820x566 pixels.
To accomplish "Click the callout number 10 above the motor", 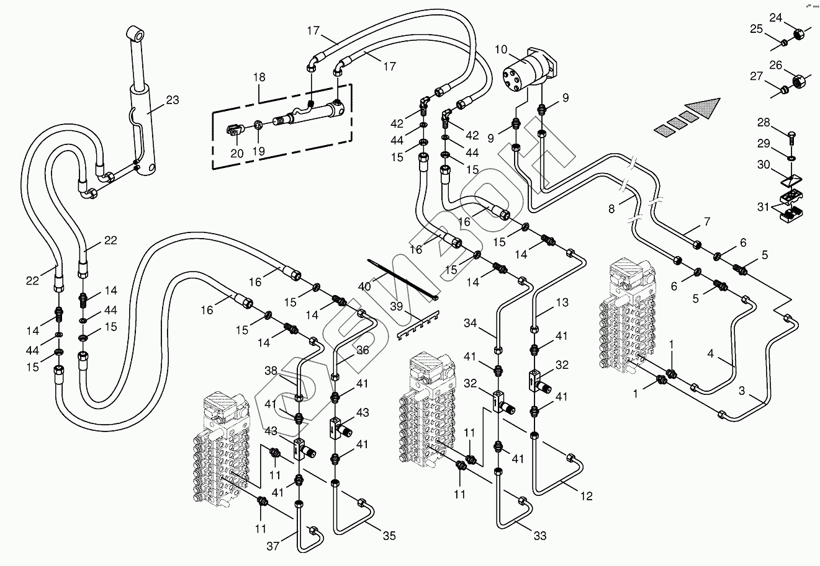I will tap(502, 49).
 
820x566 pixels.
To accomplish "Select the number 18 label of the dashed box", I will tap(259, 77).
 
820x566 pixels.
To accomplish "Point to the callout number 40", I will tap(364, 286).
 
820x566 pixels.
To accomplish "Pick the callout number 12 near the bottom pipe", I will tap(587, 496).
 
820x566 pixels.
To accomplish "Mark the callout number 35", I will tap(389, 536).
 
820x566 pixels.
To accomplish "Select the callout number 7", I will tap(707, 221).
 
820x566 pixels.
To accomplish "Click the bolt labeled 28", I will tap(793, 133).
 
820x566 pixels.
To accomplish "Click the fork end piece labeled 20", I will tap(234, 131).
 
